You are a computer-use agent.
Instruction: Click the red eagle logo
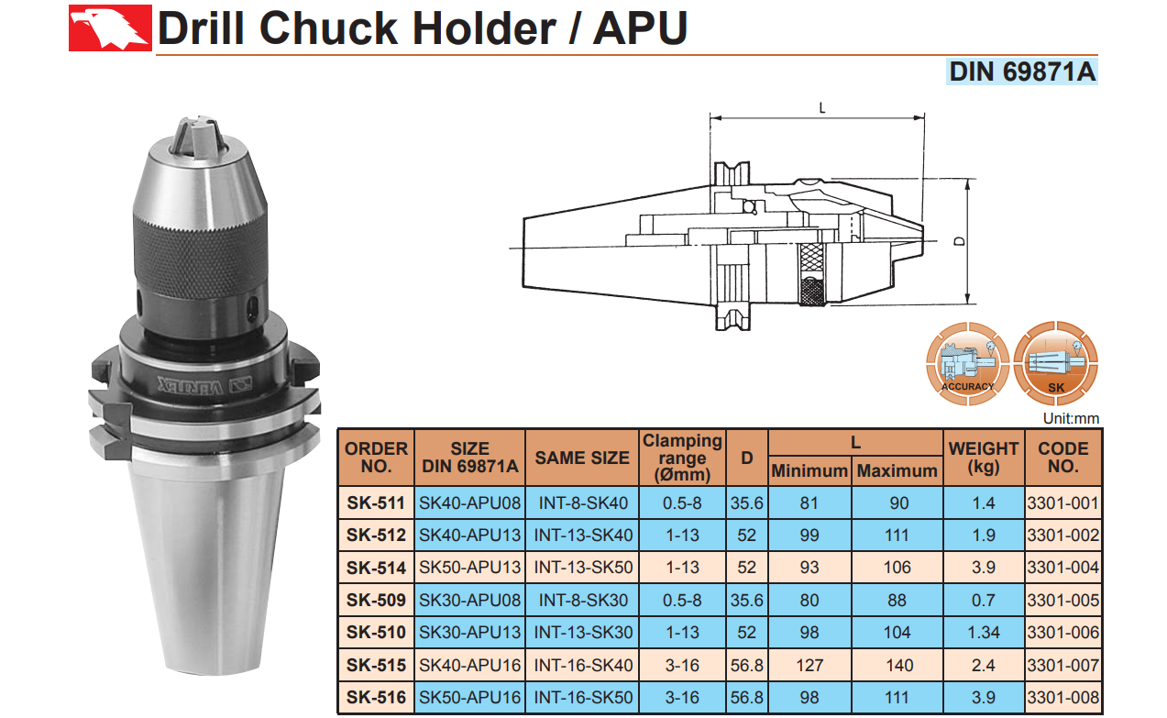(x=110, y=28)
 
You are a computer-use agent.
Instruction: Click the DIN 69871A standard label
(x=1021, y=72)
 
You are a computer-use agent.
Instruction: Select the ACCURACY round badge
(x=967, y=364)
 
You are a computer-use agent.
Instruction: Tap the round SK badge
(x=1055, y=364)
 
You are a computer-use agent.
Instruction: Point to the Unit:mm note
(x=1071, y=418)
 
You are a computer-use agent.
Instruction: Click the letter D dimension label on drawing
(x=959, y=241)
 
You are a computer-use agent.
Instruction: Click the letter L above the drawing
(x=822, y=108)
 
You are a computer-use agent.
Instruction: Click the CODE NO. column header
(x=1062, y=458)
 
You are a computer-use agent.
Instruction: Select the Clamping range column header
(x=682, y=458)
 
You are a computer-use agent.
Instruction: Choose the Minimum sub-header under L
(x=809, y=470)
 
